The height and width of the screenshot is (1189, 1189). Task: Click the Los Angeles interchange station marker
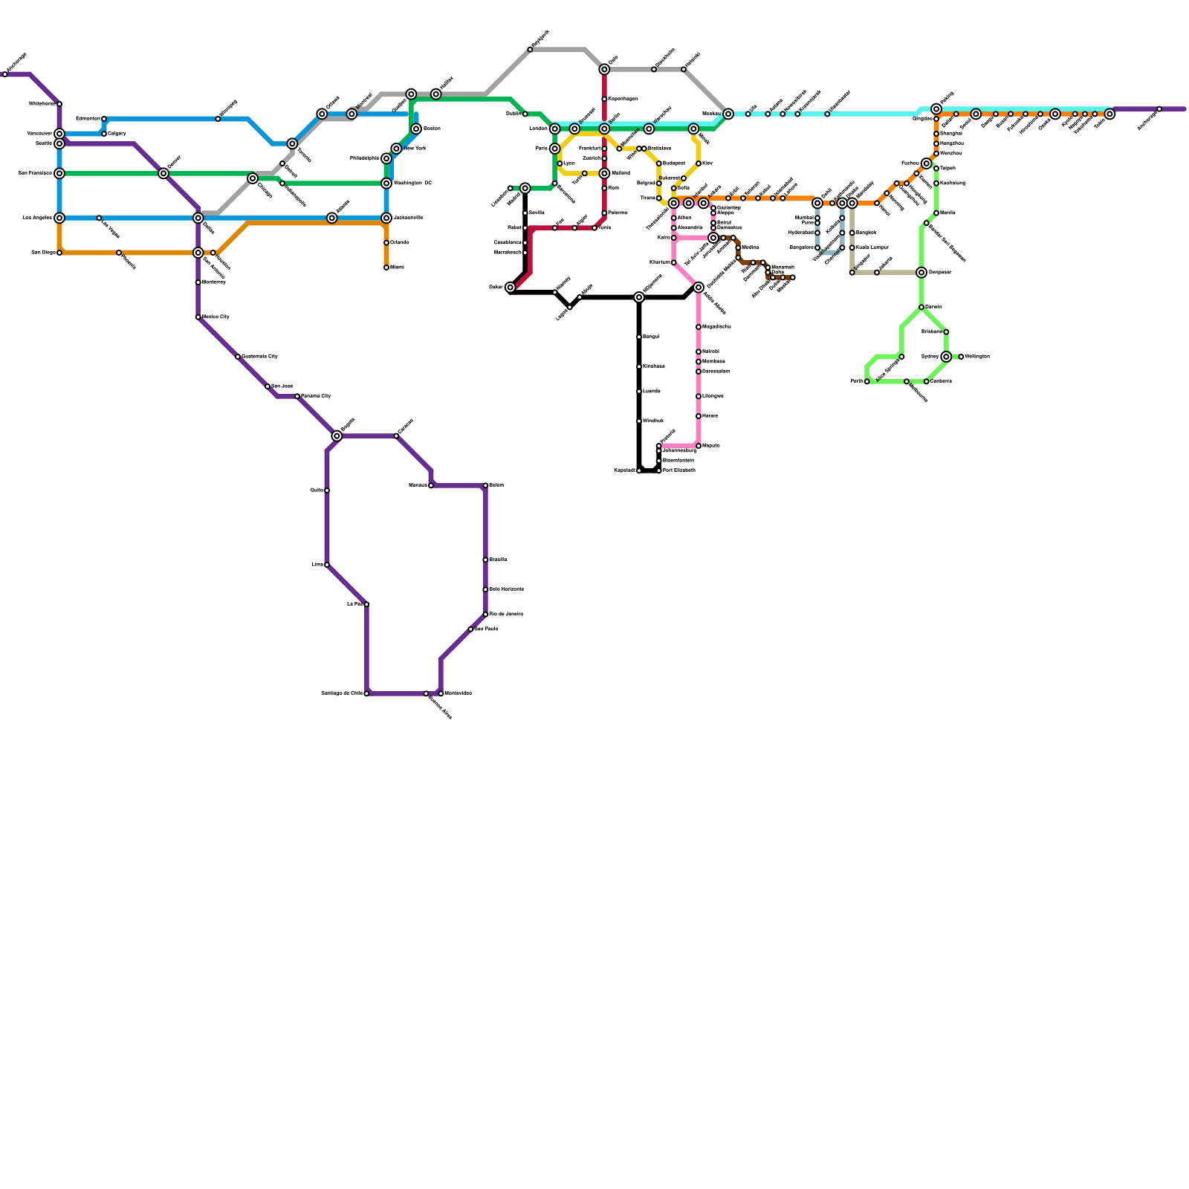[x=59, y=218]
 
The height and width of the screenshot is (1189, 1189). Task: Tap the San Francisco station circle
[x=59, y=173]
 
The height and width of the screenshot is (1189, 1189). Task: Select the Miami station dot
[x=386, y=268]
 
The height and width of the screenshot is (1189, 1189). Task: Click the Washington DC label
[x=412, y=183]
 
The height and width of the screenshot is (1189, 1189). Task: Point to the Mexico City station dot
[x=198, y=317]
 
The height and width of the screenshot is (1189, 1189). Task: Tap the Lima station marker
[x=327, y=565]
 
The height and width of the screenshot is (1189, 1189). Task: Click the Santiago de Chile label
[x=341, y=693]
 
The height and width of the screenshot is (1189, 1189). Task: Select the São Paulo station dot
[x=470, y=629]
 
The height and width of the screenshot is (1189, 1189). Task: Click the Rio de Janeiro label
[x=506, y=614]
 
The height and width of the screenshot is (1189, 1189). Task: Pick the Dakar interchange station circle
[x=510, y=288]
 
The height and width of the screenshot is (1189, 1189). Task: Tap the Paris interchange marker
[x=554, y=149]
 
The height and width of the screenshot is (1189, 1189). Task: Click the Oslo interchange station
[x=604, y=69]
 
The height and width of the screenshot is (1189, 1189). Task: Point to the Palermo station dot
[x=604, y=213]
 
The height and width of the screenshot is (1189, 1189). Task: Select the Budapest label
[x=674, y=163]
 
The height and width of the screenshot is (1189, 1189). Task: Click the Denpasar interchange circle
[x=921, y=273]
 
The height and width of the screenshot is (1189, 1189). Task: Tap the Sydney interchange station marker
[x=946, y=357]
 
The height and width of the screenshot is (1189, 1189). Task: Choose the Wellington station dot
[x=961, y=357]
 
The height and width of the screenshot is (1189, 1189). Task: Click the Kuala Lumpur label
[x=872, y=247]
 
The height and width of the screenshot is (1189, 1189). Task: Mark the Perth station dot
[x=867, y=381]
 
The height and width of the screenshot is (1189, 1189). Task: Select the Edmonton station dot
[x=104, y=119]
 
